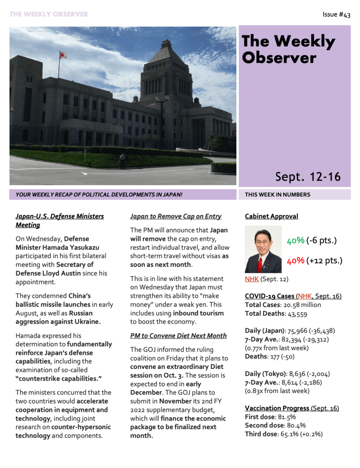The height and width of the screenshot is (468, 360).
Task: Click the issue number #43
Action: click(336, 15)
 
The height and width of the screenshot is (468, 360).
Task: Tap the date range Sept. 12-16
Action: click(308, 177)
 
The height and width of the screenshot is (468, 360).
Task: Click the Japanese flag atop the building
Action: click(63, 55)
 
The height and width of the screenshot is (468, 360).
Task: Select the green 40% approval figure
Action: click(296, 241)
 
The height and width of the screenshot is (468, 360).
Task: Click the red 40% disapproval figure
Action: click(296, 261)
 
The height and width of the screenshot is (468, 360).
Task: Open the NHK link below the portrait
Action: click(251, 279)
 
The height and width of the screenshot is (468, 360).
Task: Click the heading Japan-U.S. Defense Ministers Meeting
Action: click(60, 220)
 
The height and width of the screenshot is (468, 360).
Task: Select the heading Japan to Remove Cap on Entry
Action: click(176, 216)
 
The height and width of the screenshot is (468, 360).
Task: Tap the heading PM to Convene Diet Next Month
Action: click(178, 335)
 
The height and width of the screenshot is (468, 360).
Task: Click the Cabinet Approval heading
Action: click(271, 216)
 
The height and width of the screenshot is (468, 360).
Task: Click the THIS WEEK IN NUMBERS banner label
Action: click(277, 195)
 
